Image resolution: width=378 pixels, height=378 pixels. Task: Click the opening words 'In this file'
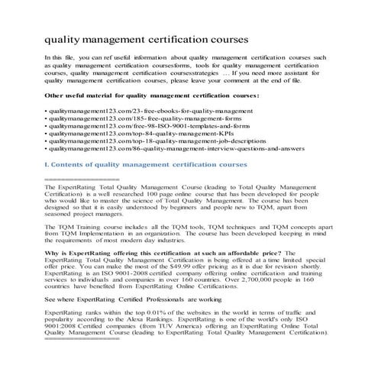[x=61, y=58]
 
